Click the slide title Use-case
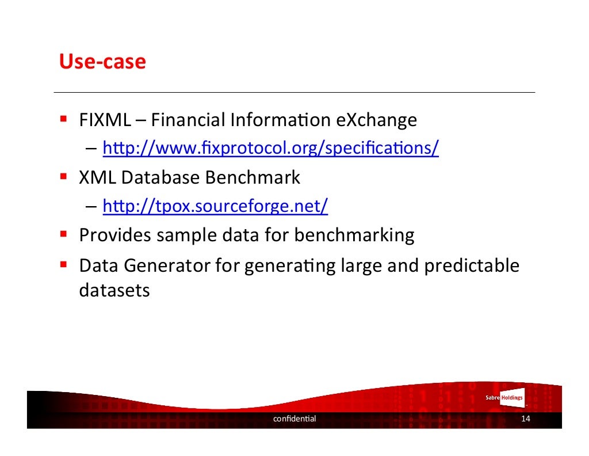(102, 62)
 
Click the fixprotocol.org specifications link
(270, 149)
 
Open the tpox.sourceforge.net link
(215, 206)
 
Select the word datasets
(114, 290)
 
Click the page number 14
(525, 419)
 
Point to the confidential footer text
(294, 419)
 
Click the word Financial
(189, 120)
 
